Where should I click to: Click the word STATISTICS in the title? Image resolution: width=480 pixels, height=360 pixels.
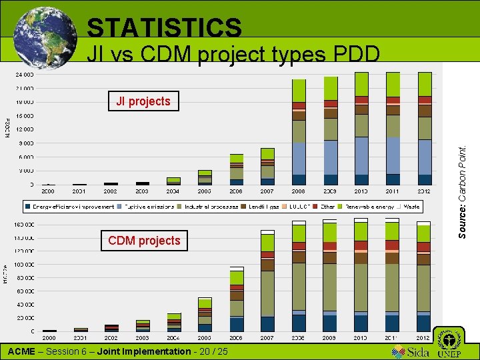coord(164,28)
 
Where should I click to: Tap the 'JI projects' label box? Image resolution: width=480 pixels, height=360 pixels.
coord(143,101)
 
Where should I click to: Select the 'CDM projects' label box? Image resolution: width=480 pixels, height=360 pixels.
coord(144,240)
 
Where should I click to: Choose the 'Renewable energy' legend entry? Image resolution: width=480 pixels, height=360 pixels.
coord(369,207)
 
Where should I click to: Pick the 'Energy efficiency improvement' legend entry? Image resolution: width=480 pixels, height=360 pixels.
coord(70,207)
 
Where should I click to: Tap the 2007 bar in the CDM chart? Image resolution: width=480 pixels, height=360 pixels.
coord(267,280)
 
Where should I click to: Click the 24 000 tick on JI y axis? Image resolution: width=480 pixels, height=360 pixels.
coord(25,74)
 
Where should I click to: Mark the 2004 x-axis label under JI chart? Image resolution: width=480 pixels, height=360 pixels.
coord(173,191)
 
